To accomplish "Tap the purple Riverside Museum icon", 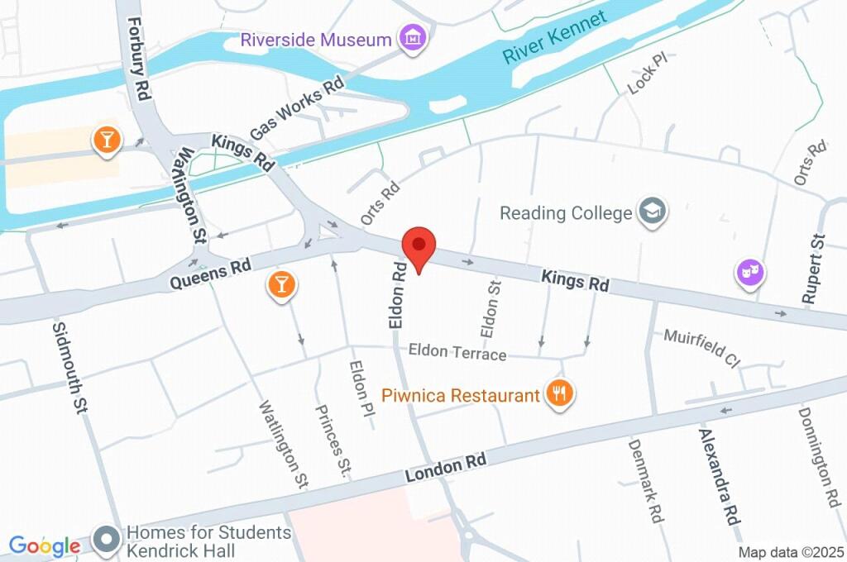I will [x=411, y=37].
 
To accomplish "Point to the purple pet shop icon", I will [x=750, y=272].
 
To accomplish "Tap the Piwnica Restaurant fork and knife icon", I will [x=560, y=393].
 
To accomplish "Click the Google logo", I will [x=44, y=545].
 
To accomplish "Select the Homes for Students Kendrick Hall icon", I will [x=106, y=541].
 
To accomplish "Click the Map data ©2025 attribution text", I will [x=792, y=551].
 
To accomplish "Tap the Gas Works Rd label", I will [x=296, y=108].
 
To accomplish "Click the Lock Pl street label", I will [x=646, y=74].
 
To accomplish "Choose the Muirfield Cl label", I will [x=701, y=347].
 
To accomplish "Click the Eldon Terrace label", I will [x=457, y=353].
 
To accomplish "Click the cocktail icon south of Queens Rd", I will [x=280, y=286].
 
